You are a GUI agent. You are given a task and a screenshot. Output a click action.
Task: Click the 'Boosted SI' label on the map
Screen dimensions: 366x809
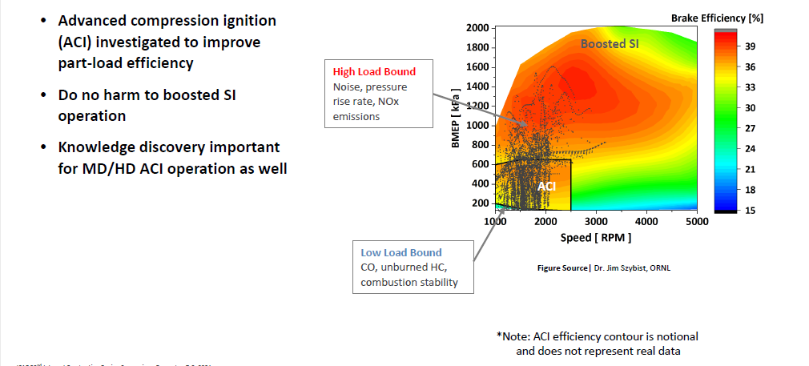[x=610, y=44]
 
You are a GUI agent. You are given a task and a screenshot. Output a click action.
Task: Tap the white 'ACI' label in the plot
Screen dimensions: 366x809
[x=546, y=186]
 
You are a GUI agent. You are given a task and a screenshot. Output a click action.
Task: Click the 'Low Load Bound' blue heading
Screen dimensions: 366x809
[x=401, y=252]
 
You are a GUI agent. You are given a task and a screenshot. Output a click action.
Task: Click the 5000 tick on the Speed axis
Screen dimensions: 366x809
[x=697, y=222]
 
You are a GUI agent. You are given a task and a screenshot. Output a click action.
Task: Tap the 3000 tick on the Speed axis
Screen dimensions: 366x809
[x=596, y=222]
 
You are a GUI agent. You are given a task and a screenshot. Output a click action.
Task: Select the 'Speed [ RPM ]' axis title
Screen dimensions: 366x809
[x=596, y=237]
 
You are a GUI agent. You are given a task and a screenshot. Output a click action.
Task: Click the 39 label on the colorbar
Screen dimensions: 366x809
[x=751, y=46]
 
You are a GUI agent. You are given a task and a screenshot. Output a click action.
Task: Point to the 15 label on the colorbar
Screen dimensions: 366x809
[x=751, y=210]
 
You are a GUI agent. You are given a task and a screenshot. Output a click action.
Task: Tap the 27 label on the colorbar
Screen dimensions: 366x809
[x=751, y=128]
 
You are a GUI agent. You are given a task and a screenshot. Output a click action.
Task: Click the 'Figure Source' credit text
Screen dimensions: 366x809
[x=562, y=267]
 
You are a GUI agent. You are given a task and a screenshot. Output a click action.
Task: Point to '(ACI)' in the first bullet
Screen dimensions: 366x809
[x=78, y=42]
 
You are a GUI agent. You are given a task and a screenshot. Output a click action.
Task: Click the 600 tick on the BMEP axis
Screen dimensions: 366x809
[x=479, y=164]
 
